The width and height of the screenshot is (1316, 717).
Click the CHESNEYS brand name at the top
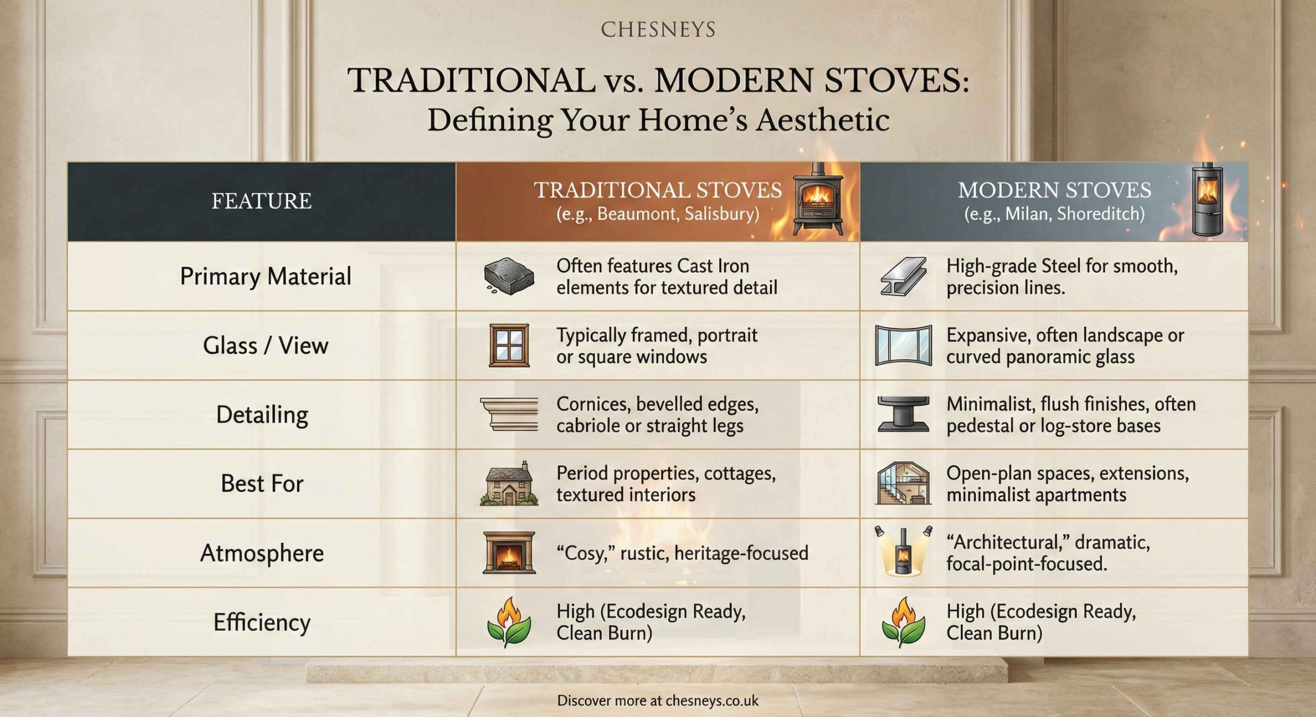658,30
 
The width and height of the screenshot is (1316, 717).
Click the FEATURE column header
261,201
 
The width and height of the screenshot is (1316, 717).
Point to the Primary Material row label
265,276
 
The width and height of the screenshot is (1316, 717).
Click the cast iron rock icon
508,276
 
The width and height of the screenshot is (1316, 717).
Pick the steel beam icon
903,276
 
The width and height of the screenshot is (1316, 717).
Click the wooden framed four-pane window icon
509,345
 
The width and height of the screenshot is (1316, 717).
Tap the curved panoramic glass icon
903,346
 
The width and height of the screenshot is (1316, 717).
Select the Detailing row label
262,414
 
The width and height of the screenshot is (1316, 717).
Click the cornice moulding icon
509,414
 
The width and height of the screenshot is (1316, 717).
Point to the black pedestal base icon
903,414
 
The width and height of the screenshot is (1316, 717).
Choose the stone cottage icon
509,484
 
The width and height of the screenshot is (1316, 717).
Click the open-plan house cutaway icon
903,484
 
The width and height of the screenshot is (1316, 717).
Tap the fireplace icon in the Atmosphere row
509,553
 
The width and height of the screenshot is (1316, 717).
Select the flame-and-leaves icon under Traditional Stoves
509,621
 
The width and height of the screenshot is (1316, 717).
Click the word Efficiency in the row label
262,622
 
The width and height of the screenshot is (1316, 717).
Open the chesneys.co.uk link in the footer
712,701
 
